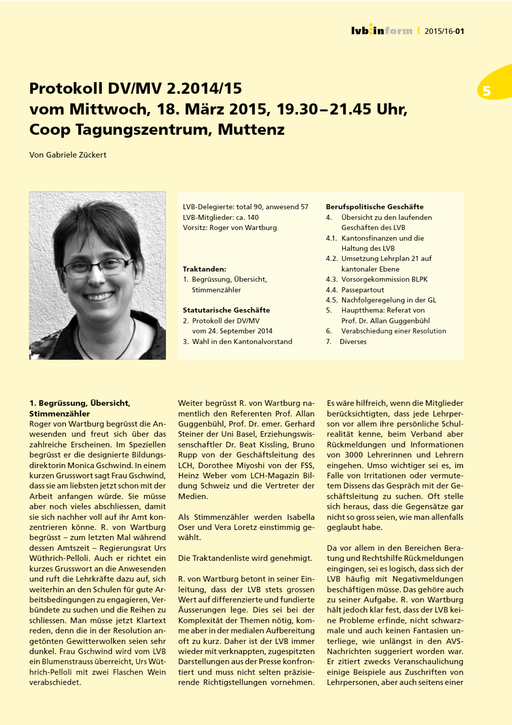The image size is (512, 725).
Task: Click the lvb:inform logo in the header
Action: click(381, 30)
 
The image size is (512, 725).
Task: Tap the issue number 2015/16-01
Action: click(444, 31)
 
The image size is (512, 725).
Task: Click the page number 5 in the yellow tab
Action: click(487, 91)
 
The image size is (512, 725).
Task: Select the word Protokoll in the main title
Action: click(66, 89)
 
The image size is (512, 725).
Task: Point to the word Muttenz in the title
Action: click(251, 130)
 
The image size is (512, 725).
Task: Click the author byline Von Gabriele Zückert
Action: click(68, 155)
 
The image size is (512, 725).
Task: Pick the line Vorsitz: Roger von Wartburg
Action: click(230, 227)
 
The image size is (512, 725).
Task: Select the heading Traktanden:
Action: click(204, 269)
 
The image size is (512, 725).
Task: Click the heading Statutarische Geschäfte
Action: click(226, 310)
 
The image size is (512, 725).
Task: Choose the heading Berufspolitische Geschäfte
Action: click(374, 207)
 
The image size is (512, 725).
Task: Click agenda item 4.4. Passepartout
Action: click(355, 290)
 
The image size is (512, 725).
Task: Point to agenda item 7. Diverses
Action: click(346, 341)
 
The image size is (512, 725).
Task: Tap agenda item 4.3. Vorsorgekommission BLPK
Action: click(376, 279)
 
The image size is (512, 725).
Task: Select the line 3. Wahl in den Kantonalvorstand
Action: click(237, 341)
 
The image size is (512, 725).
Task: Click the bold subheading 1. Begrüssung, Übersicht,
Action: click(80, 403)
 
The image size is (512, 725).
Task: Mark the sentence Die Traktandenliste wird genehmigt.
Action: click(245, 558)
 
